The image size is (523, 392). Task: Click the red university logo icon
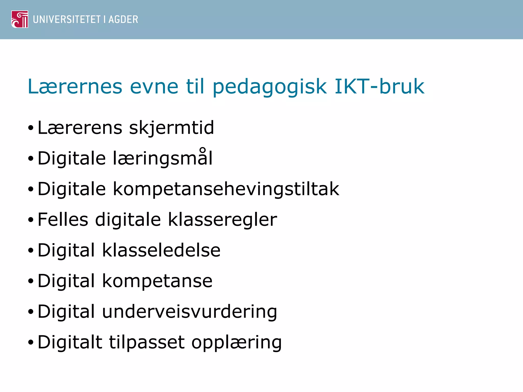[x=20, y=19]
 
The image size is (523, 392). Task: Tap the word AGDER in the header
[x=123, y=20]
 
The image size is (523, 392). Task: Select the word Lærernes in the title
[x=75, y=87]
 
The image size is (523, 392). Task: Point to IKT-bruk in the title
[x=379, y=87]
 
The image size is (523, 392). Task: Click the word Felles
[x=63, y=219]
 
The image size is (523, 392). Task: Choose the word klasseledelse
[x=161, y=250]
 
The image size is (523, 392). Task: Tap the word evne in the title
[x=154, y=87]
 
